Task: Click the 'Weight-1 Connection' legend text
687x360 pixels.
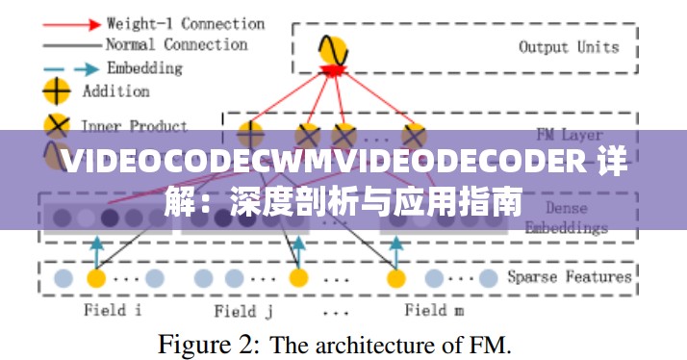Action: [x=185, y=23]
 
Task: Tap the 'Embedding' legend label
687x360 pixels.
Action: [x=143, y=68]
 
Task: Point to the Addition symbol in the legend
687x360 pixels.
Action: [x=58, y=91]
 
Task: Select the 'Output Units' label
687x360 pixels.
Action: [x=569, y=46]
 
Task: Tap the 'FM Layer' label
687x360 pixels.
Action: [x=570, y=135]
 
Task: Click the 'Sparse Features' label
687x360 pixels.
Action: [x=570, y=277]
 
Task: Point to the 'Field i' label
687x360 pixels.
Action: [x=113, y=310]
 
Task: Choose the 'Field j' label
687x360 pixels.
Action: [x=242, y=310]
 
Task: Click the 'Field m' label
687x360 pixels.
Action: [x=434, y=310]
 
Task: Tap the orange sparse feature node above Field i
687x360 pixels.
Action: [x=95, y=279]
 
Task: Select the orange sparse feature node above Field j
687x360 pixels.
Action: [x=299, y=279]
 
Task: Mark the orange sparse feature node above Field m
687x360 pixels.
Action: [x=395, y=279]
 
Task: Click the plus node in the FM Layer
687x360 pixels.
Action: [x=250, y=133]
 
